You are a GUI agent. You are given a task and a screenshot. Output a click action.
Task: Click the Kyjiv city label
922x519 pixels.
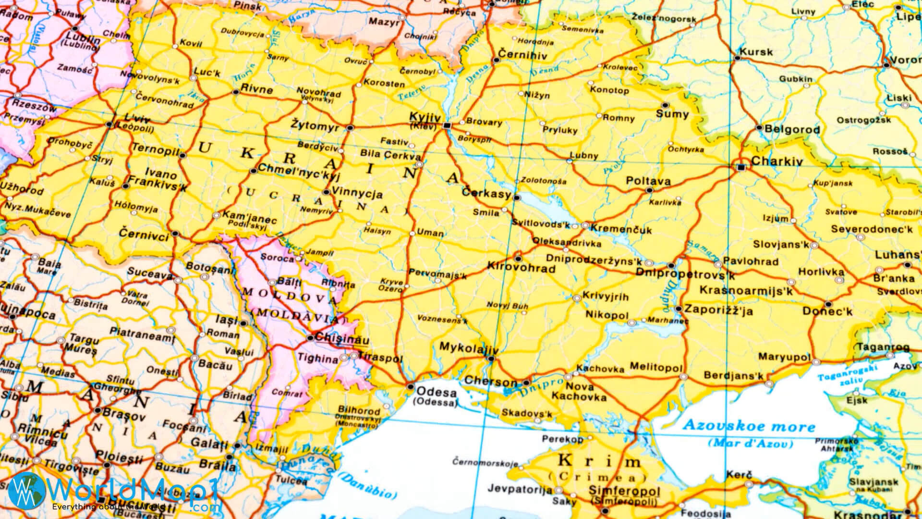click(x=425, y=117)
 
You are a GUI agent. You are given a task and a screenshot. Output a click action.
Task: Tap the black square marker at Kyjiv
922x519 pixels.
click(x=447, y=125)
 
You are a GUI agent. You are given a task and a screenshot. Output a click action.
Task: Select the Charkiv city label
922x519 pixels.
click(x=776, y=161)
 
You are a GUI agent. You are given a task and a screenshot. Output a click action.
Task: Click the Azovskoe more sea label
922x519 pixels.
click(x=749, y=426)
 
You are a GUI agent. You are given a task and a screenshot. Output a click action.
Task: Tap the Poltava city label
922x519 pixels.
click(x=648, y=181)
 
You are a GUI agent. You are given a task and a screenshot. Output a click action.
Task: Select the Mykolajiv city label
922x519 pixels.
click(x=469, y=348)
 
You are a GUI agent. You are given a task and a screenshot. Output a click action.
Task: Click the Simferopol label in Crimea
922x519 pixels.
click(x=624, y=491)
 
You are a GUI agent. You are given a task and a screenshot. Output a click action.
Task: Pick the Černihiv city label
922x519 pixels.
click(x=522, y=55)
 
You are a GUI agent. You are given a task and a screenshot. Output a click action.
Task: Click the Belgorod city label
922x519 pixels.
click(x=792, y=129)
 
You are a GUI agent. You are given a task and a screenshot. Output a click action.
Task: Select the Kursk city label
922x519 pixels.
click(x=756, y=51)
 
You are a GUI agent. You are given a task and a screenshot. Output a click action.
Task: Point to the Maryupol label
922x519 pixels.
click(x=784, y=357)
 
